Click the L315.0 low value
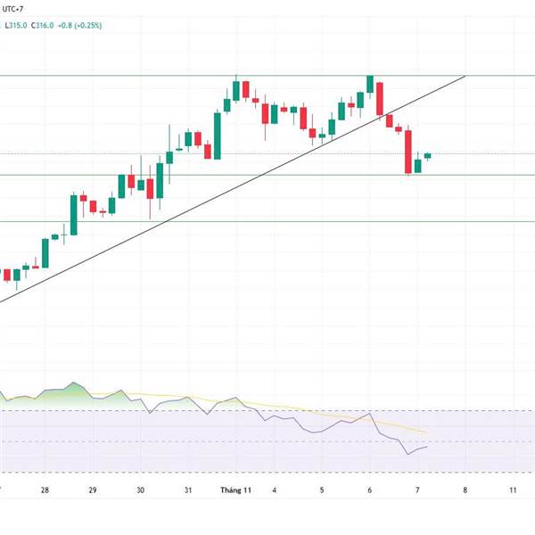[x=15, y=25]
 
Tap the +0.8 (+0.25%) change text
[x=79, y=25]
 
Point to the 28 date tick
[x=45, y=490]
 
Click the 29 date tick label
[x=93, y=490]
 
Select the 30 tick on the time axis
[x=141, y=490]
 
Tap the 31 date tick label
[x=188, y=490]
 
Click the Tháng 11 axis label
[x=237, y=490]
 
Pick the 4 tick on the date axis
[x=275, y=490]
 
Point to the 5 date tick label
[x=322, y=490]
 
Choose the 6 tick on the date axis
[x=369, y=490]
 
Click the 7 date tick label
[x=417, y=490]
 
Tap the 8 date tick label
[x=465, y=490]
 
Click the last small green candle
[x=427, y=156]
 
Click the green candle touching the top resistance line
[x=369, y=84]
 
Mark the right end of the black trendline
[x=465, y=77]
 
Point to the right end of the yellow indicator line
[x=427, y=432]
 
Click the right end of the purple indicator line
[x=427, y=446]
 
